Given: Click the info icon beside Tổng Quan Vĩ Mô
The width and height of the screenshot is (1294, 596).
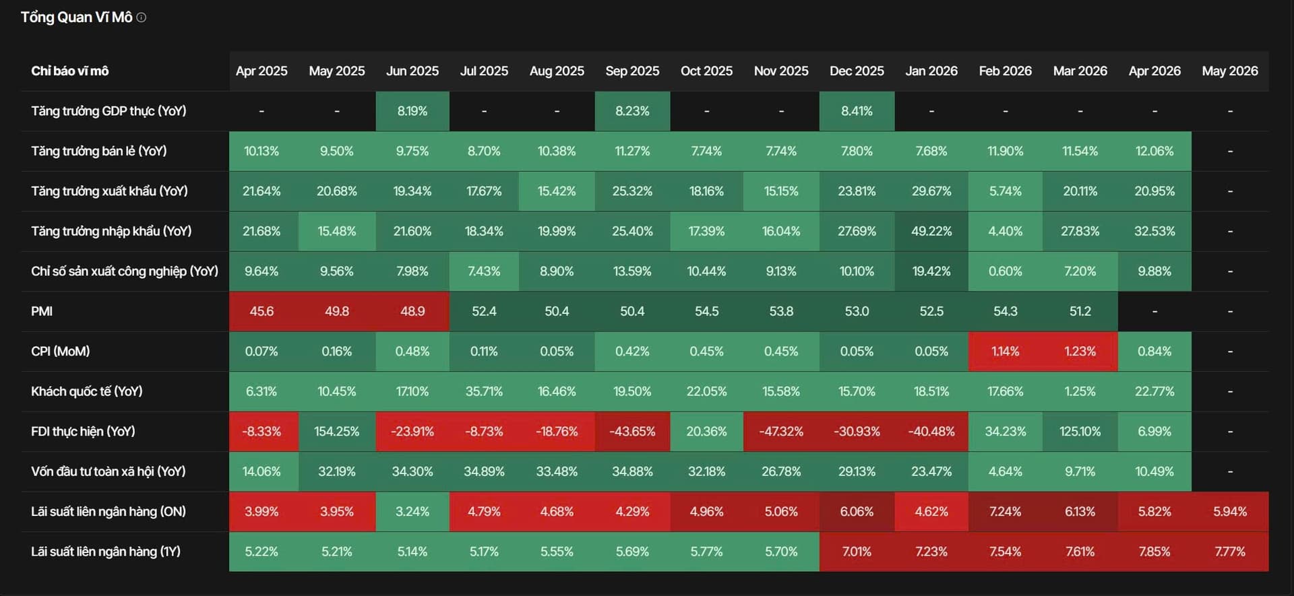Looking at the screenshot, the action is pyautogui.click(x=142, y=18).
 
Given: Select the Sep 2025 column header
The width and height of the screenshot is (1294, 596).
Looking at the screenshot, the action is pyautogui.click(x=632, y=71).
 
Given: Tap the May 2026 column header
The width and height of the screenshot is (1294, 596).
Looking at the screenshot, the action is pyautogui.click(x=1230, y=71).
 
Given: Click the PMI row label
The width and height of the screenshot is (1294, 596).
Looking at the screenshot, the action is pyautogui.click(x=42, y=311).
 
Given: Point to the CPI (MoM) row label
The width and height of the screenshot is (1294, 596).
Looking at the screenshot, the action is pyautogui.click(x=61, y=351).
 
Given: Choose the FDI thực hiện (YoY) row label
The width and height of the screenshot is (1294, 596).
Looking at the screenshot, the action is pyautogui.click(x=83, y=431).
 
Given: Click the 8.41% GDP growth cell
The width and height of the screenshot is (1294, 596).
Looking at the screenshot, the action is pyautogui.click(x=857, y=111).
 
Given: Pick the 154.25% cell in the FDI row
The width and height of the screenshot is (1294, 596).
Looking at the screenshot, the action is pyautogui.click(x=336, y=431).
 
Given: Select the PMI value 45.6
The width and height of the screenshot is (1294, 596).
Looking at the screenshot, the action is pyautogui.click(x=261, y=311).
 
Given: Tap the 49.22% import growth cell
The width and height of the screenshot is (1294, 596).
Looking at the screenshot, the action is pyautogui.click(x=931, y=231).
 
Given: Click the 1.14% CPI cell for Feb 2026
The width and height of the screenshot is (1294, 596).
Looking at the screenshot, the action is pyautogui.click(x=1005, y=351).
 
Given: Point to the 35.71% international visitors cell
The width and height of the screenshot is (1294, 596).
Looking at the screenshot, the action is pyautogui.click(x=484, y=391).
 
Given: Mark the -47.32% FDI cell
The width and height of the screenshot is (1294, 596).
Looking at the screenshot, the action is pyautogui.click(x=781, y=431).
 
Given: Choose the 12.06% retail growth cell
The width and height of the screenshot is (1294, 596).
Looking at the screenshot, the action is pyautogui.click(x=1154, y=151).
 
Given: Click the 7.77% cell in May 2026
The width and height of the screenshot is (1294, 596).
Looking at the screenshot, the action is pyautogui.click(x=1230, y=552).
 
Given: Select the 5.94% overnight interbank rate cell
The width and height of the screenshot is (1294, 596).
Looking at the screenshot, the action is pyautogui.click(x=1230, y=511).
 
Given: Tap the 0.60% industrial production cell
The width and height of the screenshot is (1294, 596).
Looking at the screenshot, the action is pyautogui.click(x=1005, y=271).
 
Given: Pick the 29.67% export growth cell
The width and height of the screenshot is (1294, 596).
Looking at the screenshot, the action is pyautogui.click(x=931, y=191).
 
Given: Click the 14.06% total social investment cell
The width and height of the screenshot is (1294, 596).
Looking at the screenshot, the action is pyautogui.click(x=261, y=471).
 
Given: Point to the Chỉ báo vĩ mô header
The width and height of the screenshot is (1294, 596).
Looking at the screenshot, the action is pyautogui.click(x=69, y=71).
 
